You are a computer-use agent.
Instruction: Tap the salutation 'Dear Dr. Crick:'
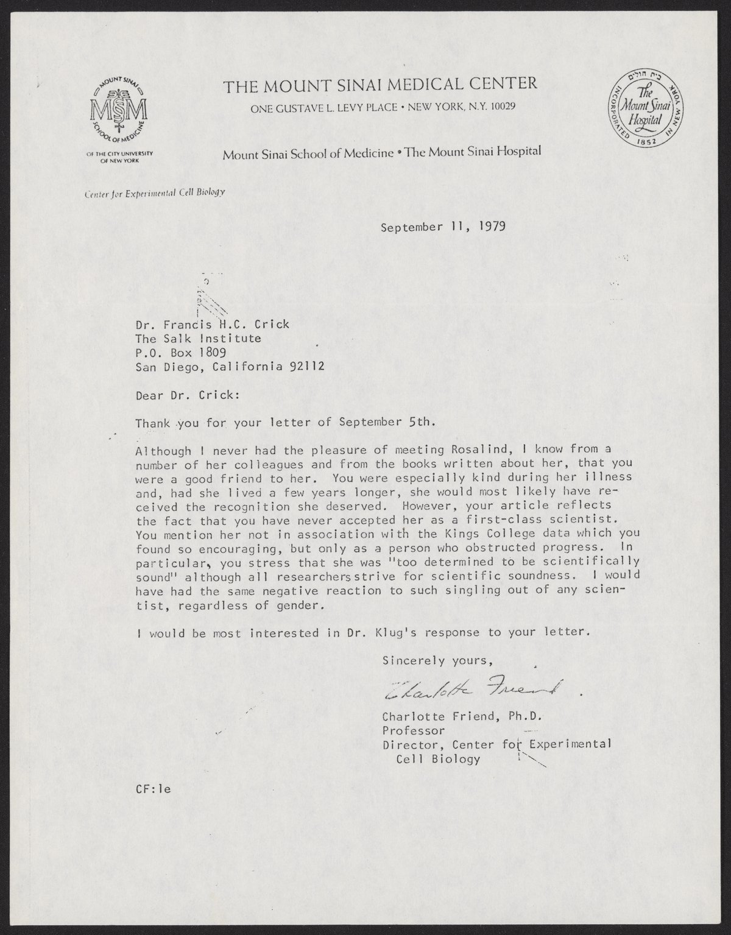[187, 395]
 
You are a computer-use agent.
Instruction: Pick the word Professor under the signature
[413, 730]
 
